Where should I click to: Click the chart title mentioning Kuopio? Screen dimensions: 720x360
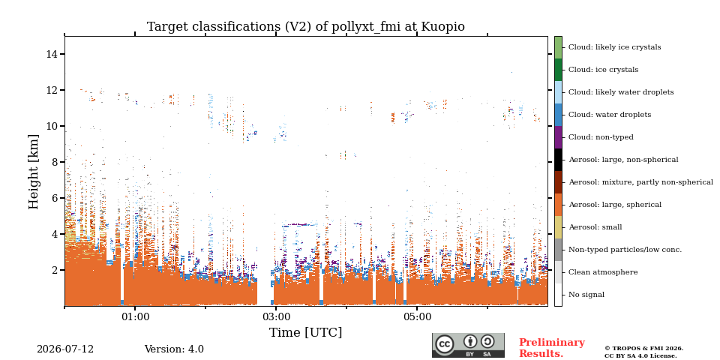pos(305,27)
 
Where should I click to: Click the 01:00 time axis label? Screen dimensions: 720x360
pos(135,316)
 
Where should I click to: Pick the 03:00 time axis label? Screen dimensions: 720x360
pos(275,316)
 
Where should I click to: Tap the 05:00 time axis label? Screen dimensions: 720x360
pos(417,316)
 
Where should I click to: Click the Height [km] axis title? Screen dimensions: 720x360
pos(34,172)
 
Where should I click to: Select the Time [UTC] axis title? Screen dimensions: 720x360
pos(305,332)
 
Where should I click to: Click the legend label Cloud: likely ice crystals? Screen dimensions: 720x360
pos(614,47)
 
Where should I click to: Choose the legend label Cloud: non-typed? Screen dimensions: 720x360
pos(601,137)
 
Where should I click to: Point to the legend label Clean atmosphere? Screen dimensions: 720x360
pos(603,272)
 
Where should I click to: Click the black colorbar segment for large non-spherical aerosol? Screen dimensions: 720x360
pos(558,160)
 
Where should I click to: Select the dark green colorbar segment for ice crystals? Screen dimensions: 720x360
pos(558,70)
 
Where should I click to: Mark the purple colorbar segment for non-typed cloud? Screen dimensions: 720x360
pos(558,137)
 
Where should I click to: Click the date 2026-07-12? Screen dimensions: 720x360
pos(65,349)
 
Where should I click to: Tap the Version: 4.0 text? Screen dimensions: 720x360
pos(174,349)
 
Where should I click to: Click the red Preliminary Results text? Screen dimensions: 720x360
pos(552,348)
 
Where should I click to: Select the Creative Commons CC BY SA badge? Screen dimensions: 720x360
pos(468,345)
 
